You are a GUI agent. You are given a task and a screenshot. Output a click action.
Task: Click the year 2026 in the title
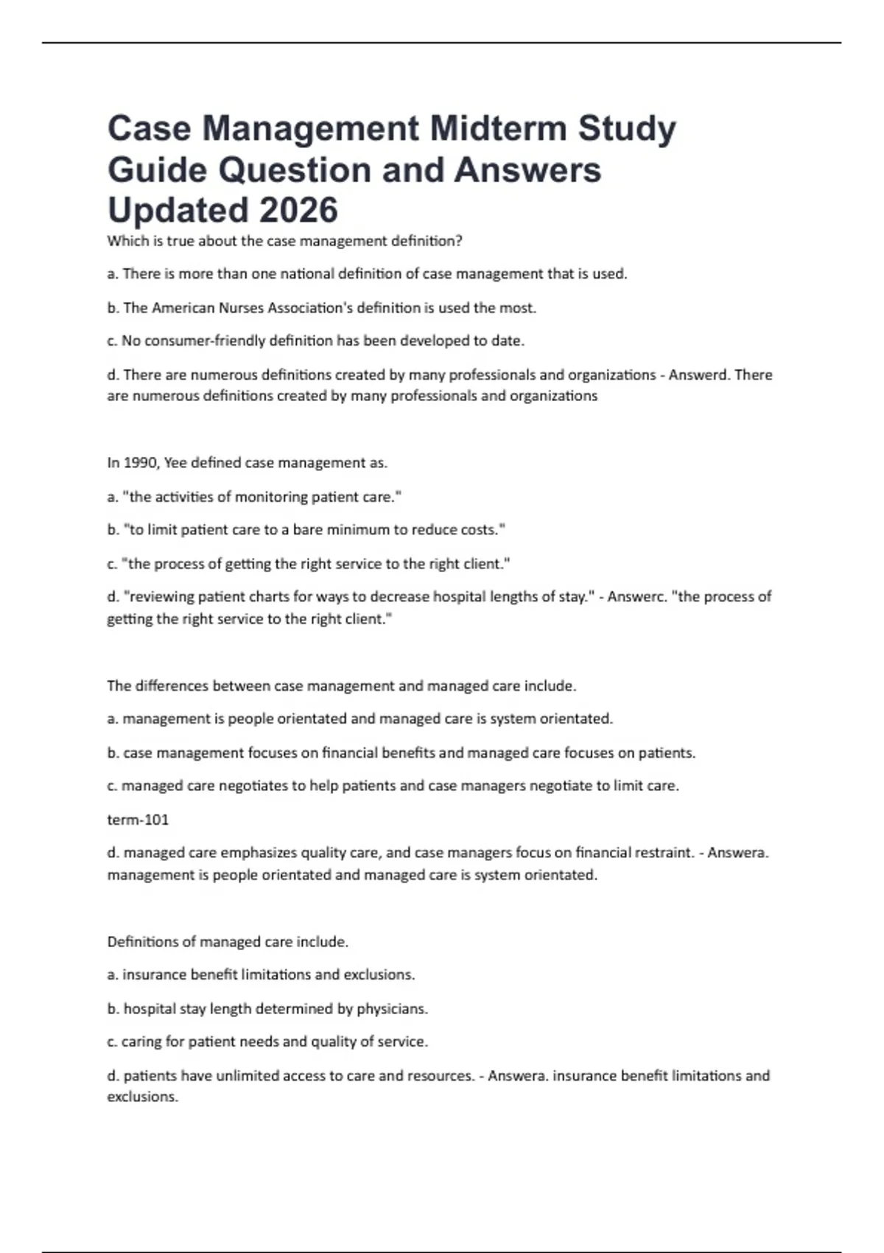coord(298,210)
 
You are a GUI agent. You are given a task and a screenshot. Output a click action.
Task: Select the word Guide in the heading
coord(157,170)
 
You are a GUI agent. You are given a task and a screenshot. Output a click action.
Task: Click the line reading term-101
coord(138,819)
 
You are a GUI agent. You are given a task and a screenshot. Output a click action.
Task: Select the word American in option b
coord(183,307)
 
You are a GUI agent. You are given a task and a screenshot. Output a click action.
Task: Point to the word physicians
coord(392,1008)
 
